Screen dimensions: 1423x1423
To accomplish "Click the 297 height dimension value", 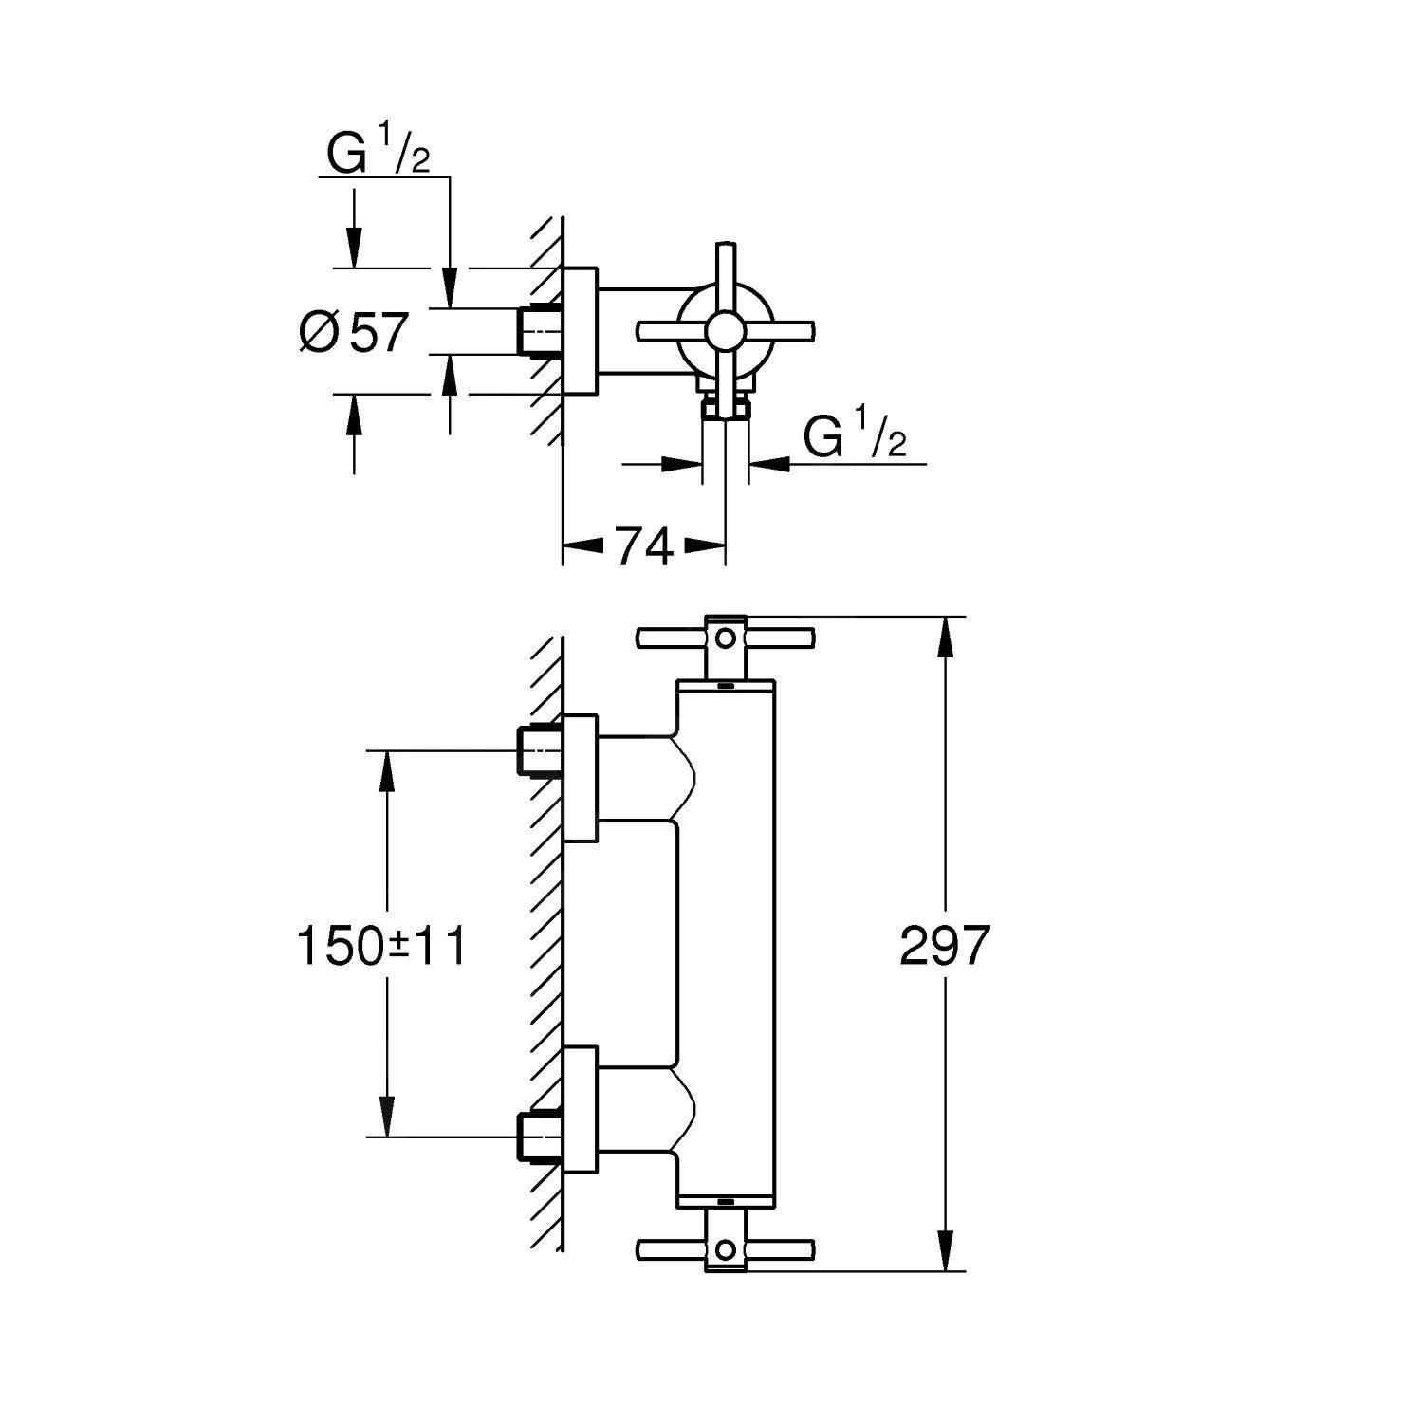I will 944,946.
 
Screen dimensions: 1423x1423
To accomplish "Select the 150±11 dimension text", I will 382,946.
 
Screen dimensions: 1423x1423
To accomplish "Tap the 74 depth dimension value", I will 644,546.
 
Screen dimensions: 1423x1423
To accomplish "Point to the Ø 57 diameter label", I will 354,332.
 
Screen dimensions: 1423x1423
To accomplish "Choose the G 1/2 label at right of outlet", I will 854,437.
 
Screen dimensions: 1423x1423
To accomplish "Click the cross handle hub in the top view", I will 725,331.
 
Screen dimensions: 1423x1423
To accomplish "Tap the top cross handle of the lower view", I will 725,637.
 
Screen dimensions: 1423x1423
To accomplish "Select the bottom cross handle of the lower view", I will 725,1250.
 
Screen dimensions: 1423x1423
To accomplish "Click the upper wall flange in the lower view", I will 580,778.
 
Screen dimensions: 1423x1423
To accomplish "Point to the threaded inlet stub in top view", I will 541,332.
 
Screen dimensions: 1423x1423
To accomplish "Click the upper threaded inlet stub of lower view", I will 541,751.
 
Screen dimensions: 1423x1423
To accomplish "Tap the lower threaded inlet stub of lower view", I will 541,1136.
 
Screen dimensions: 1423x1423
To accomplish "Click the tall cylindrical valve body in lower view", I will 726,944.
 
